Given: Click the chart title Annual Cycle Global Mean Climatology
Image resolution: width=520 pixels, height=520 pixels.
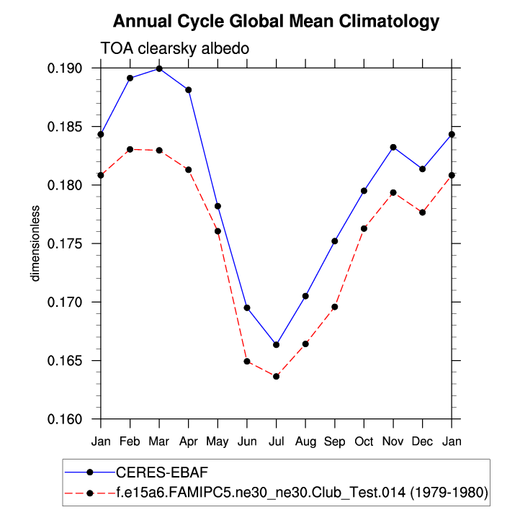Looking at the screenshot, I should click(x=276, y=22).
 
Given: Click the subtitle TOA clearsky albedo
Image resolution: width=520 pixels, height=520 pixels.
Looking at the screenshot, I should click(x=174, y=48).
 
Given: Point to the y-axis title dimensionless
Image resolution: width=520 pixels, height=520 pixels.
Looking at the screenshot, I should click(x=35, y=243).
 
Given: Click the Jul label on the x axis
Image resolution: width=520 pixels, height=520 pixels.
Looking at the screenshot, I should click(x=276, y=440).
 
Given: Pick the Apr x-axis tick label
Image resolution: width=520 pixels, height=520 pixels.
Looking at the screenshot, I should click(x=188, y=440).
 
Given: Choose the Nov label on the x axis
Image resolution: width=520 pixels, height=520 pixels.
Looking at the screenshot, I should click(x=393, y=440).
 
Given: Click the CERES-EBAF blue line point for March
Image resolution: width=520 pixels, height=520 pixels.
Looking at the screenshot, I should click(x=159, y=68).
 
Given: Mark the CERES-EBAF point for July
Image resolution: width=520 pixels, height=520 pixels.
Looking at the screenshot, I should click(x=276, y=344).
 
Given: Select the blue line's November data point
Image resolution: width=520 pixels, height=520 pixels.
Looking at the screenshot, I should click(x=393, y=147).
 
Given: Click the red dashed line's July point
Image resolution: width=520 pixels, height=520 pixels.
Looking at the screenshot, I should click(x=276, y=376).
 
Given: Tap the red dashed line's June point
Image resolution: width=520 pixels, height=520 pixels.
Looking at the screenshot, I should click(x=247, y=361).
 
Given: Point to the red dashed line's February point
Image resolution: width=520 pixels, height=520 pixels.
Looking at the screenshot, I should click(x=130, y=149).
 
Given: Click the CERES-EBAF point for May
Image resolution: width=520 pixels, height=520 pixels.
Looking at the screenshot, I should click(x=218, y=206).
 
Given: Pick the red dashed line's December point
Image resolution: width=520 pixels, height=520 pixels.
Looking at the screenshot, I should click(x=422, y=212).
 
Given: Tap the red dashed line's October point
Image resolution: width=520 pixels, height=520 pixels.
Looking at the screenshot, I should click(x=364, y=228).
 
